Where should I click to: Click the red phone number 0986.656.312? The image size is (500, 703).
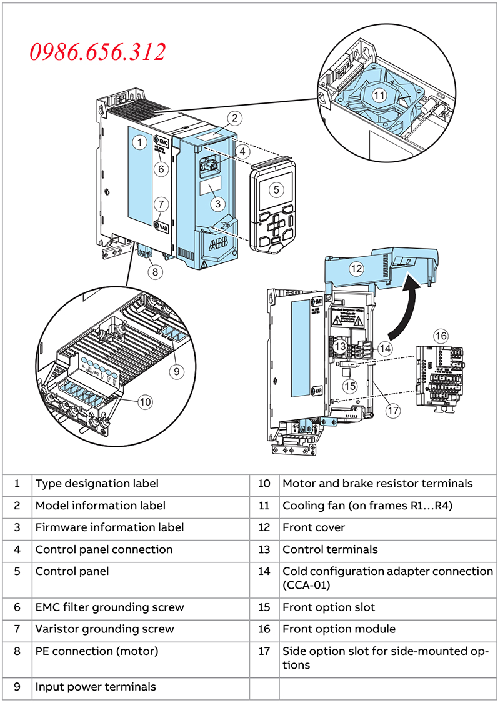tap(98, 52)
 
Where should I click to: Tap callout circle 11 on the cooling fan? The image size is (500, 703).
tap(380, 96)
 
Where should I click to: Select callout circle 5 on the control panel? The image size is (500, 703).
tap(276, 189)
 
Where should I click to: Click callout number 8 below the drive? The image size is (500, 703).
tap(154, 271)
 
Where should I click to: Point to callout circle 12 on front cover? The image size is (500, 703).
tap(356, 269)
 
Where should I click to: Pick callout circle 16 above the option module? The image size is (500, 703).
tap(441, 336)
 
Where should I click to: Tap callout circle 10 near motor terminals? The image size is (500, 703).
tap(145, 402)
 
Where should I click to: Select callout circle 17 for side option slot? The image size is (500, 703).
tap(393, 411)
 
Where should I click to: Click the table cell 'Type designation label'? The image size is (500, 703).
tap(97, 484)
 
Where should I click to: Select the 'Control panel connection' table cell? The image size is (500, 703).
tap(104, 550)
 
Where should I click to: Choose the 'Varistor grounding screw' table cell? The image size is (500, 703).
tap(104, 629)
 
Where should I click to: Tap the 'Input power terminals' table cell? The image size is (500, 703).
tap(96, 687)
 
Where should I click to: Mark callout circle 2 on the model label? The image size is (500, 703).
tap(234, 117)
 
